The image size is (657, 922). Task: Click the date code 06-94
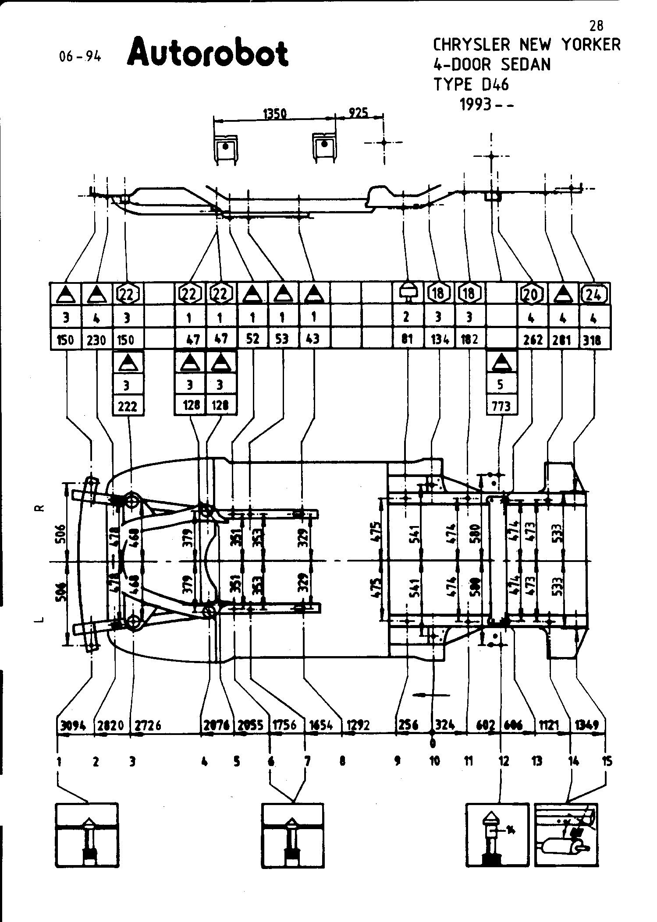pos(80,57)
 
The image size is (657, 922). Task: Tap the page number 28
pos(596,26)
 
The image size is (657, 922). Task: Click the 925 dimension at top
pos(358,113)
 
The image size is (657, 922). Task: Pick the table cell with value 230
pos(96,339)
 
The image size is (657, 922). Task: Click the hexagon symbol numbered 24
pos(594,294)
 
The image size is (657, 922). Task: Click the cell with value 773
pos(501,406)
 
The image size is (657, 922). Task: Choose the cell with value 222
pos(128,406)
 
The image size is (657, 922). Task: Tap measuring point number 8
pos(343,762)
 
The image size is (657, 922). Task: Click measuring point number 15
pos(607,762)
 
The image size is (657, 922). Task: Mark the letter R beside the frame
pos(40,508)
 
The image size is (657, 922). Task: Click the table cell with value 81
pos(407,339)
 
